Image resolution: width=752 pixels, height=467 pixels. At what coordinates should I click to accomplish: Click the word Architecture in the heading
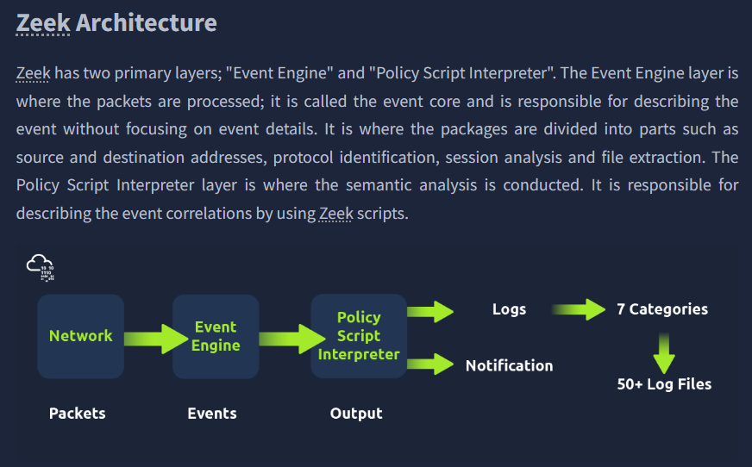coord(146,22)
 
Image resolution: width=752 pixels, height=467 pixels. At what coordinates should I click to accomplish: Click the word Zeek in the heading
coord(43,22)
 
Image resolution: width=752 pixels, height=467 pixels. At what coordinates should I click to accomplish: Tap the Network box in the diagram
coord(80,336)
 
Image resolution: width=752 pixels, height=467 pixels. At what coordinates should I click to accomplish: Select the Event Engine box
coord(216,336)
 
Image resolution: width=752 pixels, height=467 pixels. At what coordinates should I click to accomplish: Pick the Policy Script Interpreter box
coord(359,336)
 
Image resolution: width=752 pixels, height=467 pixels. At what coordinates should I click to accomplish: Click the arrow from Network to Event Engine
coord(148,337)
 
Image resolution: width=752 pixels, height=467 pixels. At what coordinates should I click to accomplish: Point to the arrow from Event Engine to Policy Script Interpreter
coord(285,339)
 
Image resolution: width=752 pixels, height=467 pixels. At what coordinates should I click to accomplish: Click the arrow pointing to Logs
coord(430,310)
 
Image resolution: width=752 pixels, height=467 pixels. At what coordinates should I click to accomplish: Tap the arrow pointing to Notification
coord(430,364)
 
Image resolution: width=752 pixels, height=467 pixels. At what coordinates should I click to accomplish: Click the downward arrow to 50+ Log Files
coord(663,352)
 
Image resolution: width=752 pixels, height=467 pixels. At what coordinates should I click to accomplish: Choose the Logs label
coord(509,309)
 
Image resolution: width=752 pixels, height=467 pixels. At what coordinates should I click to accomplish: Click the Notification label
coord(509,365)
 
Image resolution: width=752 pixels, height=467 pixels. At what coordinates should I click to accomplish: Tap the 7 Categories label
coord(662,309)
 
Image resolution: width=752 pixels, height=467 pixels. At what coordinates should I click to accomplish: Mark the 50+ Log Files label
coord(664,384)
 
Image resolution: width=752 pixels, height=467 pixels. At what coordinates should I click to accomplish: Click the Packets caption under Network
coord(78,414)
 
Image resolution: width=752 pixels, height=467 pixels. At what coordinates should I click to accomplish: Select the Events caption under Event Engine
coord(212,414)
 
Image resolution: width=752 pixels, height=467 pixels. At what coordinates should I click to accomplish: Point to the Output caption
coord(356,414)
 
